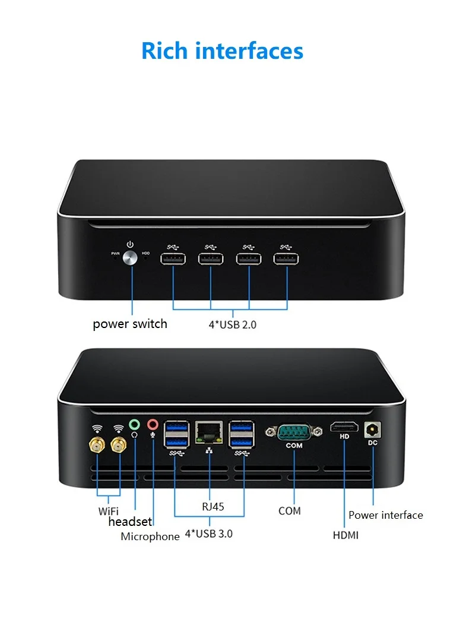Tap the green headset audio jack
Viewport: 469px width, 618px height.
(135, 424)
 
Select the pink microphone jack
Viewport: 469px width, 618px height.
(153, 424)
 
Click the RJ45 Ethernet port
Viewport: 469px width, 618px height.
(210, 432)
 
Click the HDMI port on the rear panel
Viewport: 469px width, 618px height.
(344, 427)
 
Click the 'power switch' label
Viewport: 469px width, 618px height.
(130, 324)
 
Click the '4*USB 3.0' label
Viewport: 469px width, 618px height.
(209, 534)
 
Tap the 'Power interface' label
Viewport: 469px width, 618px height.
(386, 515)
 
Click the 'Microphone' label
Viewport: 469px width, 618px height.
(150, 537)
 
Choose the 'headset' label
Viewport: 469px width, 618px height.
(130, 522)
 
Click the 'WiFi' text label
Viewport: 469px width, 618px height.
(109, 511)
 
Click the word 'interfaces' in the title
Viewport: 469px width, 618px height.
(249, 51)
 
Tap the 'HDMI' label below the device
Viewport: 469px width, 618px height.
(346, 535)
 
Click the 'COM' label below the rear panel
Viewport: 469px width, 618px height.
(290, 511)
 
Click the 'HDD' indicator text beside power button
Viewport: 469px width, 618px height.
(146, 254)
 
